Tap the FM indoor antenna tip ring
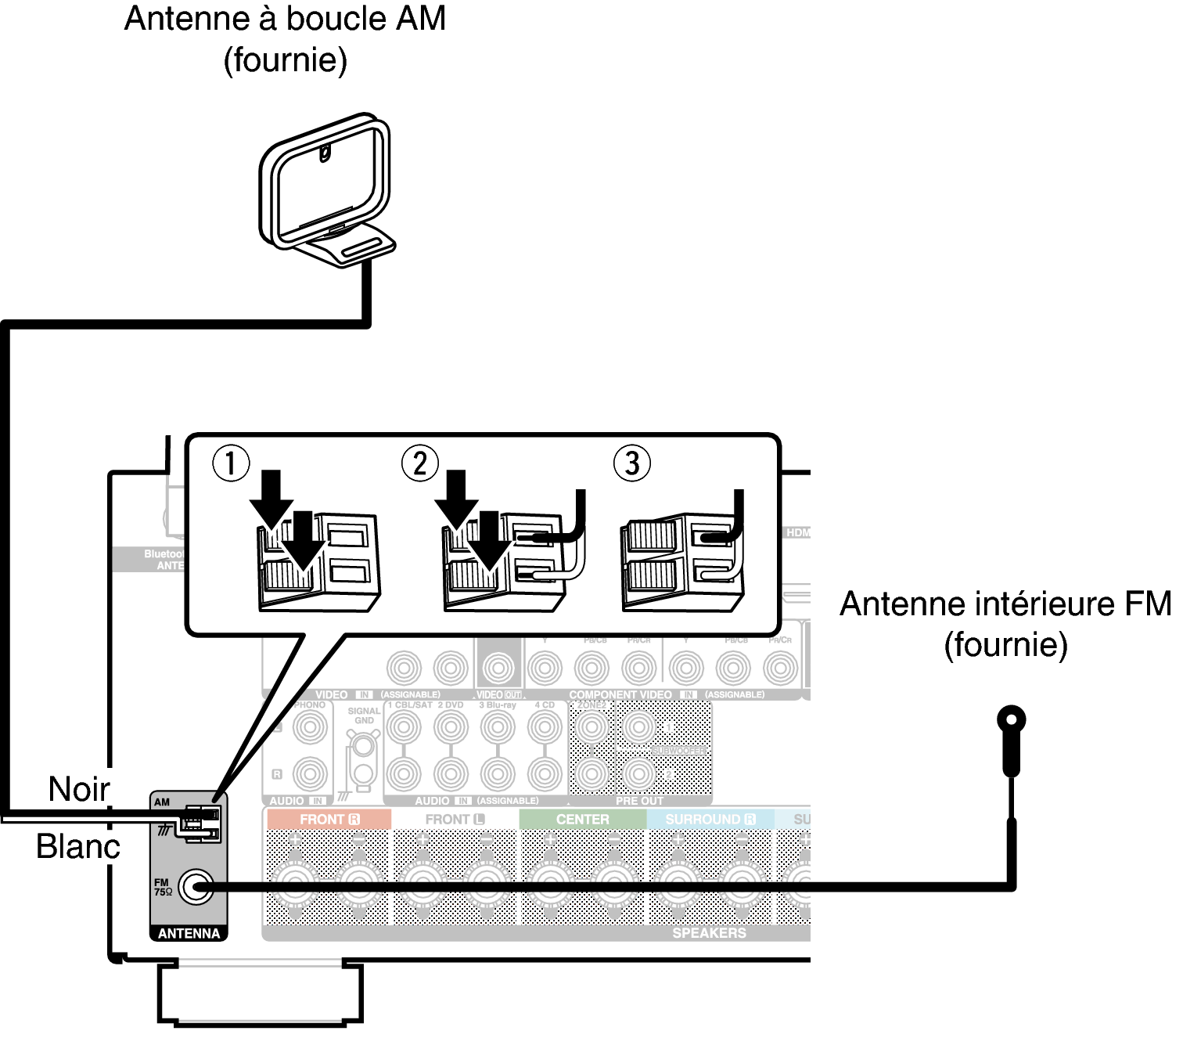click(1011, 719)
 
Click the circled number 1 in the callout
click(231, 463)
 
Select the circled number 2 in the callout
click(420, 463)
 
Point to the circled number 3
click(632, 463)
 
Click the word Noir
click(78, 789)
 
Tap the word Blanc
click(78, 846)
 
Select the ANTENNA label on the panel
click(189, 933)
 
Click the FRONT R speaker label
click(329, 820)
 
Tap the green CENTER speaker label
click(582, 820)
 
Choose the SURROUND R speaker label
click(710, 820)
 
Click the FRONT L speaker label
click(455, 820)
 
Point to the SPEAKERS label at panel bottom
click(709, 933)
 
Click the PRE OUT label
click(639, 801)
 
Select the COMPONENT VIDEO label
click(620, 694)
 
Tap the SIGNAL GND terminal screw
click(364, 745)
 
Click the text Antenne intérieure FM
click(1005, 604)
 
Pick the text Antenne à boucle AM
click(285, 19)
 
